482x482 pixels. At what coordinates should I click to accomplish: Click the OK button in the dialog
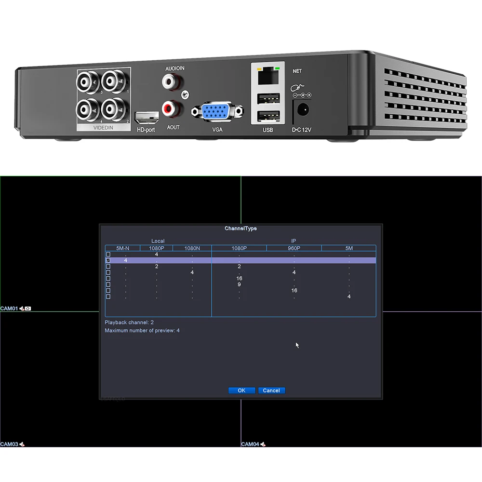coord(241,390)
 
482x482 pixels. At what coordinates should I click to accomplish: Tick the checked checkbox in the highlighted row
coord(108,260)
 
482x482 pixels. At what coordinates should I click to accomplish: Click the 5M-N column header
coord(122,248)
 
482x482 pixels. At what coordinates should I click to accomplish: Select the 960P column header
coord(294,248)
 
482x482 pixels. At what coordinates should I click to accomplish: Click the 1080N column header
coord(192,248)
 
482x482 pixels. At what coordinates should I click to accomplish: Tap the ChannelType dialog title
coord(241,228)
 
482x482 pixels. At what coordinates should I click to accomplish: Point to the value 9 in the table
coord(239,284)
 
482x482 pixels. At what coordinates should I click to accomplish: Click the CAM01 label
coord(9,308)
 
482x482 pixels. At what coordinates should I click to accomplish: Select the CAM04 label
coord(250,444)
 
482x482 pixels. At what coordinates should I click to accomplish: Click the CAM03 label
coord(9,444)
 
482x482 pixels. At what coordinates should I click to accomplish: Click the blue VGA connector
coord(216,112)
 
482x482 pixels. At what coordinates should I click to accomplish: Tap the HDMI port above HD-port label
coord(147,117)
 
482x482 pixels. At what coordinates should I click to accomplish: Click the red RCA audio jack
coord(169,108)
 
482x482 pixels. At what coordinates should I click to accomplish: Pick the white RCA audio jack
coord(169,81)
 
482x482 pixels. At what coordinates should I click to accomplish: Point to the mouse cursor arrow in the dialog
coord(297,345)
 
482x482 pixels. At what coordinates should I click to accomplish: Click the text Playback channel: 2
coord(129,322)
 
